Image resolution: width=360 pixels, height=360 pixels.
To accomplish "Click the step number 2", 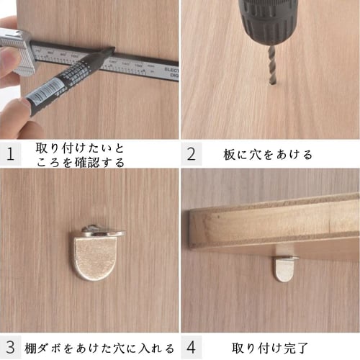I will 191,154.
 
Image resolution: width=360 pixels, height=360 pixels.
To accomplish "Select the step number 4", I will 191,347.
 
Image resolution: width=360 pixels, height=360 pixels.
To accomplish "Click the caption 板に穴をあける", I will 269,154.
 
